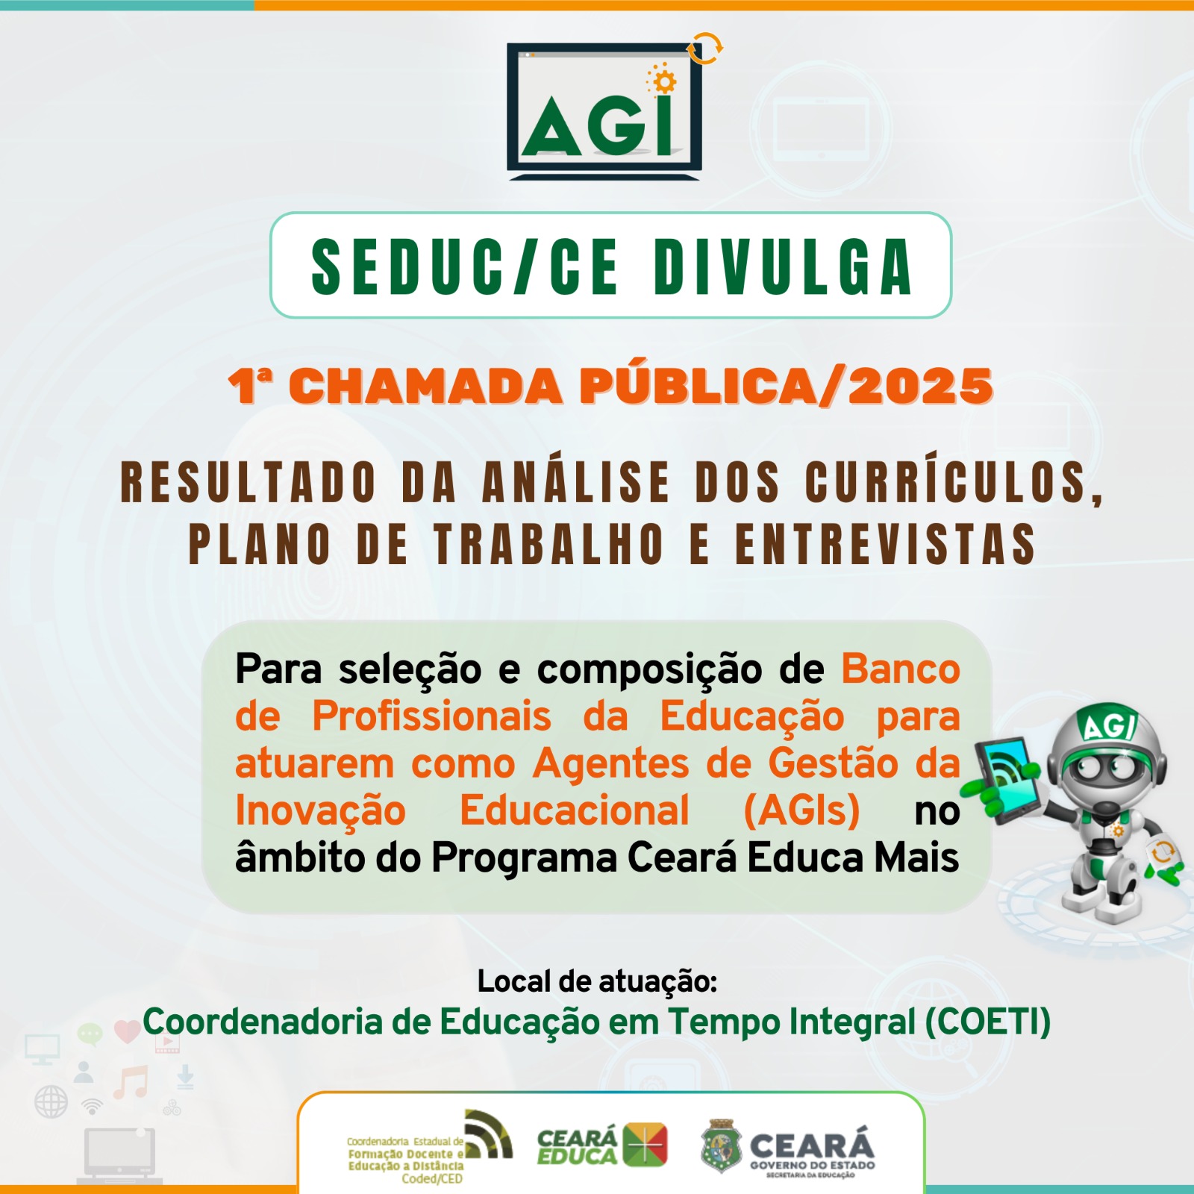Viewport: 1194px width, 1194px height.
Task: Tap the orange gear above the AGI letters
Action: [x=663, y=81]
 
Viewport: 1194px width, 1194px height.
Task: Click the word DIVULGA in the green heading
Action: [x=784, y=266]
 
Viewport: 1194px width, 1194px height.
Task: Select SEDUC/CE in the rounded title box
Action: [x=465, y=266]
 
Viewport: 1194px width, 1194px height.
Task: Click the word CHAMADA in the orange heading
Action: [x=425, y=387]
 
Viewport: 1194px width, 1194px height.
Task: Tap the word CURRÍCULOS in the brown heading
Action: [x=954, y=481]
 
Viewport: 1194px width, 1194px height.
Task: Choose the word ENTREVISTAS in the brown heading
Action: [x=886, y=543]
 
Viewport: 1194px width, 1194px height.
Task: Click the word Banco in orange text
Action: [x=901, y=669]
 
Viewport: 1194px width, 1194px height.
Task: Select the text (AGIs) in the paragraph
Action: [x=802, y=810]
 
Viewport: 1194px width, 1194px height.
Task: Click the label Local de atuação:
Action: [x=597, y=982]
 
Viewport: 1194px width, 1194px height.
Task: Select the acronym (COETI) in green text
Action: [x=988, y=1022]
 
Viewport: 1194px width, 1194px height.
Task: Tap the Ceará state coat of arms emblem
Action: [x=721, y=1146]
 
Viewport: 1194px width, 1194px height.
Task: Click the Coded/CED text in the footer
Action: [x=432, y=1179]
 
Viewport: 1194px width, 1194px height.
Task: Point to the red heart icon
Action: [x=127, y=1031]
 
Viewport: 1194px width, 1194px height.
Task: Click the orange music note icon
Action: [x=131, y=1082]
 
